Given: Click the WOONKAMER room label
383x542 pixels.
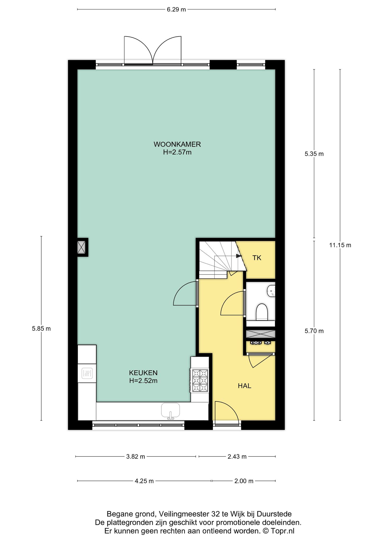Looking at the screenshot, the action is tap(177, 144).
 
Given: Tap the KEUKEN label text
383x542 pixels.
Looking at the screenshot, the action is tap(143, 373).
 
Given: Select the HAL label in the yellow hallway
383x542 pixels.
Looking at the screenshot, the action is tap(244, 386).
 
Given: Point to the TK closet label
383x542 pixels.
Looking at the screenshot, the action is tap(257, 258).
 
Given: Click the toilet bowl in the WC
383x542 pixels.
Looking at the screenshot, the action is tap(262, 312).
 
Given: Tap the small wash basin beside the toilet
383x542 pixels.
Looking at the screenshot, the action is tap(271, 291).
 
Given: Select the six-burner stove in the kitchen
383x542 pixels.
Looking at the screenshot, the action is tap(200, 381).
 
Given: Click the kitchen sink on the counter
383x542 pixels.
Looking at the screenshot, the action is tap(171, 410).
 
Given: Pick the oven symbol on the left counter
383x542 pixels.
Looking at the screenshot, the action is tap(87, 373).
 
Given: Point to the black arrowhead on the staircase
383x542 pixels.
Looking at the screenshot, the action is tap(239, 256).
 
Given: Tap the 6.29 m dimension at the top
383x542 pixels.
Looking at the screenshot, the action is tap(176, 10).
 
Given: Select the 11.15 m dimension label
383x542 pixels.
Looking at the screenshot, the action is tap(340, 245).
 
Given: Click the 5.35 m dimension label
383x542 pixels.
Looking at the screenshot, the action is tap(314, 154).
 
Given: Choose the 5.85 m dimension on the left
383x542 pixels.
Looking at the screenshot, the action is tap(41, 329).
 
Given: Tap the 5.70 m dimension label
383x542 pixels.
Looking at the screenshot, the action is tap(314, 331).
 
